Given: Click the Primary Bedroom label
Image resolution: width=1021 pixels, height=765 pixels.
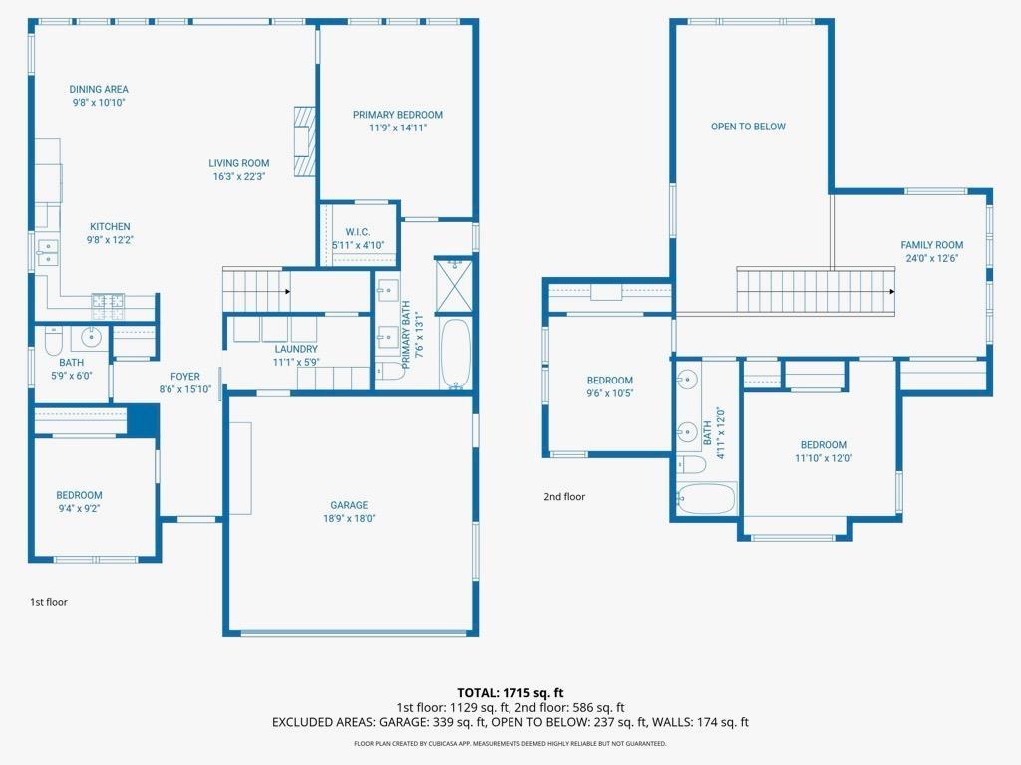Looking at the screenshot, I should (x=397, y=115).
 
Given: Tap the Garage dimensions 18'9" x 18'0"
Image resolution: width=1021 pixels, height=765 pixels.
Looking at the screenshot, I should (x=349, y=518).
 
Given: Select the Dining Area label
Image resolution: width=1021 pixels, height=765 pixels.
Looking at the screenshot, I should (x=99, y=89).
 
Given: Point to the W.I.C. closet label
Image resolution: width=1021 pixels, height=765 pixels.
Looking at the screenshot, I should (x=358, y=232).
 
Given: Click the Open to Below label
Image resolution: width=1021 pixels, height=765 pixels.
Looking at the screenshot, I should (x=748, y=127).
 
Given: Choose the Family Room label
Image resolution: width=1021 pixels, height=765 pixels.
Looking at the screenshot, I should (x=931, y=245).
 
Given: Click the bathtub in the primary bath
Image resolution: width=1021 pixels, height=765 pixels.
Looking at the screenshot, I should (x=454, y=355).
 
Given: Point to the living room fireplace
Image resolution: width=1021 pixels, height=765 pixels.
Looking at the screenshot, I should (x=304, y=141).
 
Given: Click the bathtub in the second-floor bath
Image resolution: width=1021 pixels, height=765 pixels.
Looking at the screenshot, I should (x=707, y=498).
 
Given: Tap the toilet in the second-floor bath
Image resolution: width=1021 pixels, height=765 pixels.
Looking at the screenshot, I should (x=691, y=465).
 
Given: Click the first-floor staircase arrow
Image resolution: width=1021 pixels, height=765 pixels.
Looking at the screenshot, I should (x=286, y=292).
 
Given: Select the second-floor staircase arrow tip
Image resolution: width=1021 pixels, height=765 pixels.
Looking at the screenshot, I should (x=892, y=291).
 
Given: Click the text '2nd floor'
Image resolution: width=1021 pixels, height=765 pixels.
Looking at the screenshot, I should (x=564, y=496).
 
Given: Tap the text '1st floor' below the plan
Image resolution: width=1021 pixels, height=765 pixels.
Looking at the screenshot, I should (x=48, y=602).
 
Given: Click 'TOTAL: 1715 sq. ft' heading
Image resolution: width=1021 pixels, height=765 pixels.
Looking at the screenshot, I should (x=510, y=692).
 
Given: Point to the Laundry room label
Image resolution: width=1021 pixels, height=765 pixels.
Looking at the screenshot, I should (x=296, y=349).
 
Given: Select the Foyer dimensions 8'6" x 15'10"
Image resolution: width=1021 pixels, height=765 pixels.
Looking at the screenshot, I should (x=185, y=389).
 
